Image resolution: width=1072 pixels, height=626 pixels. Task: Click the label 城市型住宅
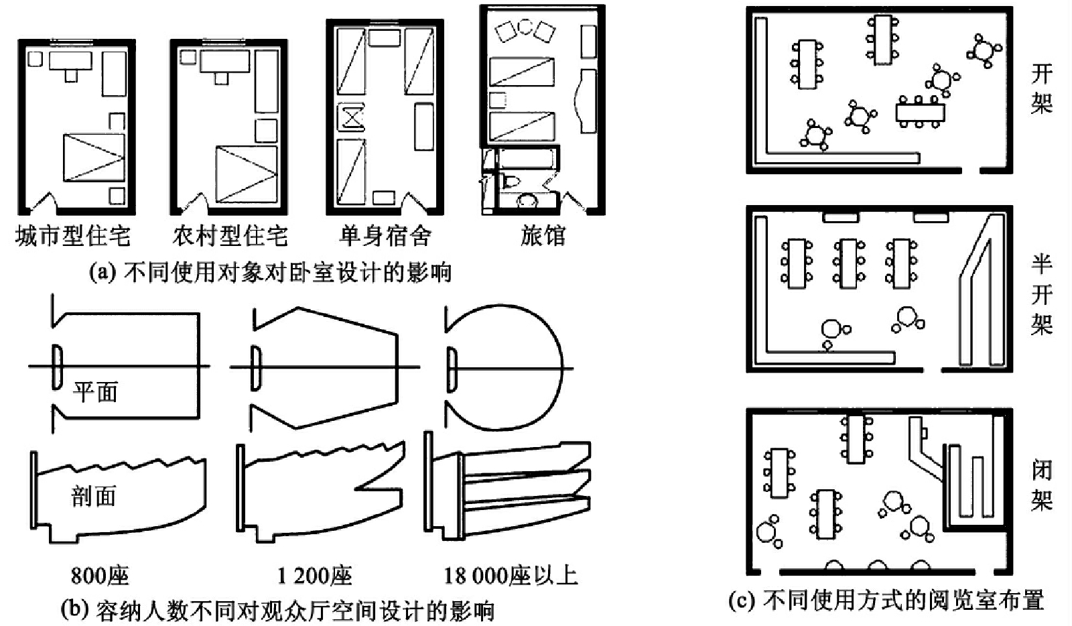tap(73, 236)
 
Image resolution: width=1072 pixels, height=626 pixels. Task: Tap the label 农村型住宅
tap(230, 236)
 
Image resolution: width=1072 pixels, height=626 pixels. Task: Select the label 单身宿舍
tap(385, 236)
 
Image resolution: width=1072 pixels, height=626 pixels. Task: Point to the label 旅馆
tap(543, 236)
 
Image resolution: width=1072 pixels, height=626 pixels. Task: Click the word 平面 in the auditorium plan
tap(95, 392)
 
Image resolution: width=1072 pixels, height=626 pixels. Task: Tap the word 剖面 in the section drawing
tap(93, 496)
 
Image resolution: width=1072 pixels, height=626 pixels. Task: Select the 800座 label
tap(100, 576)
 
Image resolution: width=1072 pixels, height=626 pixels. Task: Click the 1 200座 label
tap(315, 576)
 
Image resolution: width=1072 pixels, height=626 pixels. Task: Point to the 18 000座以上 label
tap(511, 576)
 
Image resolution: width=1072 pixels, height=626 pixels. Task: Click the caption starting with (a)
tap(271, 273)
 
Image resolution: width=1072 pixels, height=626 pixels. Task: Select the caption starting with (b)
tap(277, 611)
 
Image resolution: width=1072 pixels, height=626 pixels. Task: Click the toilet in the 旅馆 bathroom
tap(509, 182)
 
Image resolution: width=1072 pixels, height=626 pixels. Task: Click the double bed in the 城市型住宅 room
tap(94, 158)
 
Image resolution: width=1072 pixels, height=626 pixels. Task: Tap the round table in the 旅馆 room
tap(525, 27)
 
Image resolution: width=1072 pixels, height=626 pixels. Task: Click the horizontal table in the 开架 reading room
tap(921, 113)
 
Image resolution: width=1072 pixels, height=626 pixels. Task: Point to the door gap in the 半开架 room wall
tap(932, 369)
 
